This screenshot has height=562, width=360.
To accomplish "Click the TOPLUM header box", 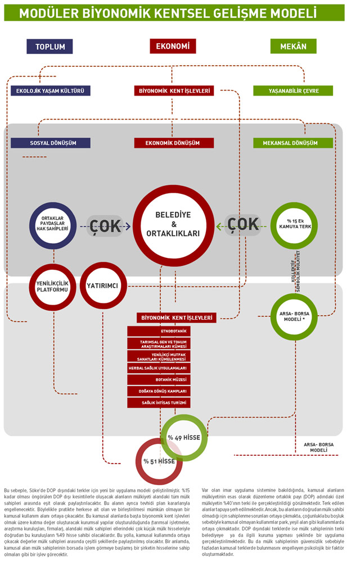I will pos(50,47).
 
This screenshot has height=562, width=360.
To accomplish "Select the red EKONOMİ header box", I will pos(173,46).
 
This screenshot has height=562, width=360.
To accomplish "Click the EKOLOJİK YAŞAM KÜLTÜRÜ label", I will pos(51,90).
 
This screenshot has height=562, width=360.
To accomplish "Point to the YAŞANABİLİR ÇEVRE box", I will pos(293,90).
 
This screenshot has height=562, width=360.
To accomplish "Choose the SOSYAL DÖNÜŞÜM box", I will pos(51,143).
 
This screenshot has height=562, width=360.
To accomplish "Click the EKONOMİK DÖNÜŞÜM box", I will pos(174,143).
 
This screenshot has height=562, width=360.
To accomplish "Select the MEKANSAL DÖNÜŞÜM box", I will pos(293,143).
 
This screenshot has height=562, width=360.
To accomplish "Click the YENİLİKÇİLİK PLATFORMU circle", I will pos(52,286).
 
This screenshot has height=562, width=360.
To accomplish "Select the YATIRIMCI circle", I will pos(102,286).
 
